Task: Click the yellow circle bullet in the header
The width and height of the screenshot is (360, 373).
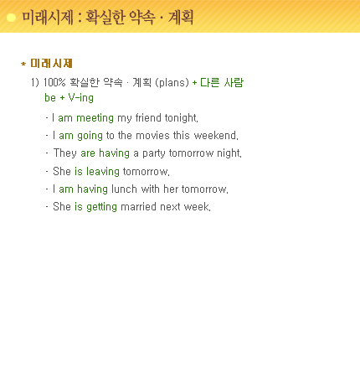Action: point(11,18)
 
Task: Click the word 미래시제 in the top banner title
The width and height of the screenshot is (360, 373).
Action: point(48,18)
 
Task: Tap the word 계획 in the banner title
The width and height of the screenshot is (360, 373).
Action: point(181,18)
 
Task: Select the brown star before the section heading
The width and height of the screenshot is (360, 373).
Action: point(23,64)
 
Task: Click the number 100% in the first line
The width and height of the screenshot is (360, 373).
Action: point(54,82)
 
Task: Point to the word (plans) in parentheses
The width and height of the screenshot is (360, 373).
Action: point(172,83)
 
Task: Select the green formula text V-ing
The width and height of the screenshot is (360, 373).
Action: point(81,98)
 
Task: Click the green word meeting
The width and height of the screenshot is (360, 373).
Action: point(95,118)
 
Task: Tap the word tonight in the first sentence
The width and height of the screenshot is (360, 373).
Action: point(181,118)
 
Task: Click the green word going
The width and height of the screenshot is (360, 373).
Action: point(90,136)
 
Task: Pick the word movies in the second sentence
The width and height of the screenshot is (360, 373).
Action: point(152,136)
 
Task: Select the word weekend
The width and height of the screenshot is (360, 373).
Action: point(215,136)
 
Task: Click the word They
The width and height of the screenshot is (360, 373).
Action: point(65,153)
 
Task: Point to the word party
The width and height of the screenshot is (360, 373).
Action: point(154,153)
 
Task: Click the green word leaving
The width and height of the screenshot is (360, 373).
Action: point(103,172)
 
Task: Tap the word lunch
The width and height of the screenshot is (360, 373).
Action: point(124,189)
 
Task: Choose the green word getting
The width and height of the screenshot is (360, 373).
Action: point(101,207)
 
